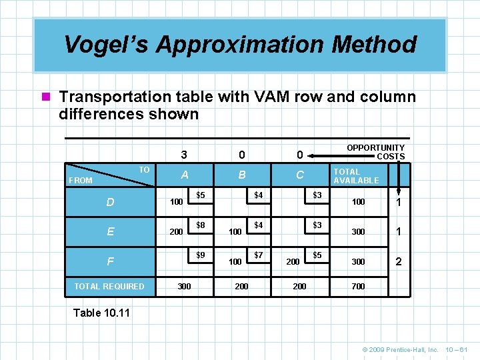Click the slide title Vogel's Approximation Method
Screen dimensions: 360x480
point(240,45)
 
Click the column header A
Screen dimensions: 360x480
point(184,175)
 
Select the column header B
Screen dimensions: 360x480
point(242,175)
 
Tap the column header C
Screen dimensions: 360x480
point(300,175)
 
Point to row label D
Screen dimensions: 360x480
point(110,201)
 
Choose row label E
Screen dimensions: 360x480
point(110,231)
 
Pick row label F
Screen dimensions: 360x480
point(110,262)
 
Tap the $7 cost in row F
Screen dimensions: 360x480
point(259,255)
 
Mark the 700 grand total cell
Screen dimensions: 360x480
point(359,286)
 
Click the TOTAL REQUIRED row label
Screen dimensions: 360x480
point(109,286)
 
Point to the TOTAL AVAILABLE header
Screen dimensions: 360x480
point(356,176)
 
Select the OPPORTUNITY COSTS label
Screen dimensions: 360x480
point(375,152)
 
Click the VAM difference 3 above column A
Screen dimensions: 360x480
point(184,155)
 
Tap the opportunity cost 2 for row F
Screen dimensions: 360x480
point(399,261)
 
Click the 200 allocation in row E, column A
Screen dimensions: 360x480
point(176,231)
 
